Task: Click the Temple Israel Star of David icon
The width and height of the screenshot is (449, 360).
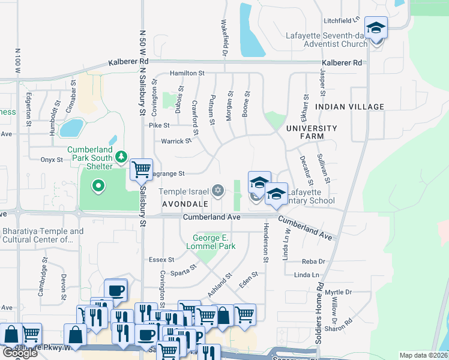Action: point(218,191)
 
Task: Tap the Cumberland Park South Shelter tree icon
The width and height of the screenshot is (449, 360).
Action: point(122,157)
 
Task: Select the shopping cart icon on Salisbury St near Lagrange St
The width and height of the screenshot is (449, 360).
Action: point(141,169)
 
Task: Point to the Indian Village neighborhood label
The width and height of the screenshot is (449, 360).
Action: point(349,107)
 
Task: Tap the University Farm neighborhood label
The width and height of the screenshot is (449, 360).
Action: point(312,133)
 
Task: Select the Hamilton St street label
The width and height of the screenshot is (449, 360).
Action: point(187,73)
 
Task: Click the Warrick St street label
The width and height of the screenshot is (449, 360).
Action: point(176,142)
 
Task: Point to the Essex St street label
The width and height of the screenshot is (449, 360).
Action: point(161,260)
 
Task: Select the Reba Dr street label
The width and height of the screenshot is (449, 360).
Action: point(313,262)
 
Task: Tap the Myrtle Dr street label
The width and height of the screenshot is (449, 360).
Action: point(340,292)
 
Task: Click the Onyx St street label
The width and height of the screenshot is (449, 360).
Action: point(52,160)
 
